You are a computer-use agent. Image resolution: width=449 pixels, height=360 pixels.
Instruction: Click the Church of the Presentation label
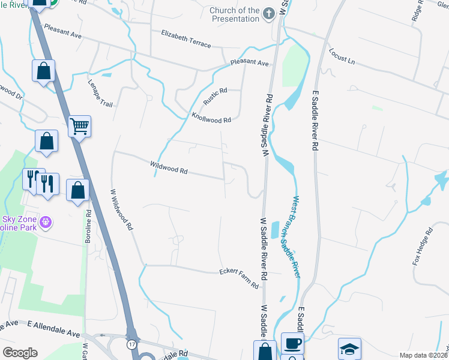point(234,14)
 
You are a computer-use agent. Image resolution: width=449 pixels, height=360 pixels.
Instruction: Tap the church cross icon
point(270,13)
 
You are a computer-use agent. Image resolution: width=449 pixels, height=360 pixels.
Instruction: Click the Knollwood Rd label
point(211,117)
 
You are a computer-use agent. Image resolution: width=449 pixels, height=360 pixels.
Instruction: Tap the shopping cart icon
point(79,127)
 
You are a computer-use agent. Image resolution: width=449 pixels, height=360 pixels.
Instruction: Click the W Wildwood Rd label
point(121,211)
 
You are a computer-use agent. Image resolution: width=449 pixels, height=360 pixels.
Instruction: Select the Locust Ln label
point(342,57)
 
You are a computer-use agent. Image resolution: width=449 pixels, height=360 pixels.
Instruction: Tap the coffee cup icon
point(292,344)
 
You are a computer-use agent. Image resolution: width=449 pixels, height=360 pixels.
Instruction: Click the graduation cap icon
point(350,349)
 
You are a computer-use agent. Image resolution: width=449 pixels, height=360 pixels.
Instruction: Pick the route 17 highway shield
point(131,344)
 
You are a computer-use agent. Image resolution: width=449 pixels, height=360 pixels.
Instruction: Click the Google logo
point(20,353)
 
